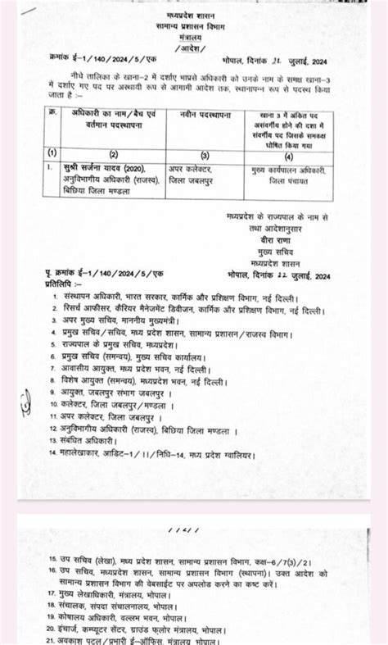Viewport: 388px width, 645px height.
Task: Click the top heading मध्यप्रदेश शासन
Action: (194, 16)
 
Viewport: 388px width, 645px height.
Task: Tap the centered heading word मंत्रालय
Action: (194, 37)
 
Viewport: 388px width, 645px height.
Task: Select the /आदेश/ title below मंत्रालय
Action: (194, 48)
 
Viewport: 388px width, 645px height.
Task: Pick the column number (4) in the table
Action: (288, 153)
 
